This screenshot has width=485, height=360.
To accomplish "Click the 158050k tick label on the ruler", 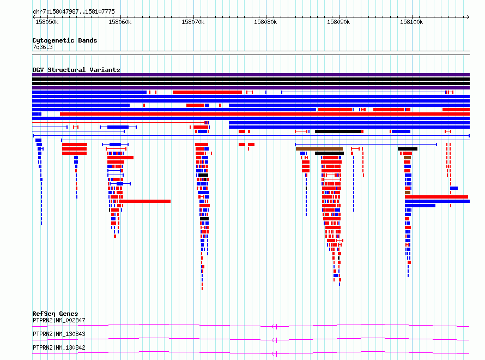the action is tap(47, 22).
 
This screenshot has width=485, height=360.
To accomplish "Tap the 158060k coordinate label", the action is tap(120, 22).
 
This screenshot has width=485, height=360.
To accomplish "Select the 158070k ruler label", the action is tap(193, 22).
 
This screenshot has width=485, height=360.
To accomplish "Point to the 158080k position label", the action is tap(265, 22).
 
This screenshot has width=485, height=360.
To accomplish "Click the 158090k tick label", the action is tap(338, 22).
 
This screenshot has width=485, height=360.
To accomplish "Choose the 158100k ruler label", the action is tap(411, 22).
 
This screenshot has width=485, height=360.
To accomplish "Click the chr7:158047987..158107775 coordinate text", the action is tap(74, 11).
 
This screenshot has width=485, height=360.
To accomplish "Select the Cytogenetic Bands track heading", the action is tap(65, 40).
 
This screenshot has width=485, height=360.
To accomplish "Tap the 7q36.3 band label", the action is tap(43, 47).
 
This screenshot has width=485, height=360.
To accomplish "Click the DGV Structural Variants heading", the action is tap(76, 70).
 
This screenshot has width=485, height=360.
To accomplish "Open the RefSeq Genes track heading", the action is tap(55, 314).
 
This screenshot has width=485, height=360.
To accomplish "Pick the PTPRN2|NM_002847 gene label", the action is tap(59, 320).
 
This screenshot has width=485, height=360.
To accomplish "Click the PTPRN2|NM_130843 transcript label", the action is tap(59, 334).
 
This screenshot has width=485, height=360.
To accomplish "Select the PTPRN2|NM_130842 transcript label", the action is tap(59, 347).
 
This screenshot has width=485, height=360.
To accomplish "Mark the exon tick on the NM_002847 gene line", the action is tap(276, 326).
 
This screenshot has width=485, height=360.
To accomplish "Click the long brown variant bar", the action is tap(319, 149).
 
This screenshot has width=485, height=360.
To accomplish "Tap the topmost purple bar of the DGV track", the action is tap(251, 75).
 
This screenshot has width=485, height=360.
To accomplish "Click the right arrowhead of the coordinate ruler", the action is tap(468, 17).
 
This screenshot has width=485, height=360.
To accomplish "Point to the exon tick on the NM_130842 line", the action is tap(276, 353).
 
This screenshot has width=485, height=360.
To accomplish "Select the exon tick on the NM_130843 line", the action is tap(276, 340).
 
